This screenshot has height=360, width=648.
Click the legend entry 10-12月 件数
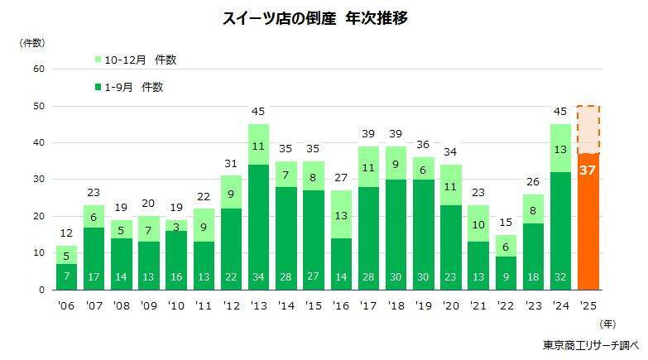tap(136, 60)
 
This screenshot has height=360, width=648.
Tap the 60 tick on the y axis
tap(38, 69)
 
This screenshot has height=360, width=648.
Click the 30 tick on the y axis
tap(38, 180)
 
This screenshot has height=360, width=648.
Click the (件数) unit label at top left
tap(32, 41)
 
